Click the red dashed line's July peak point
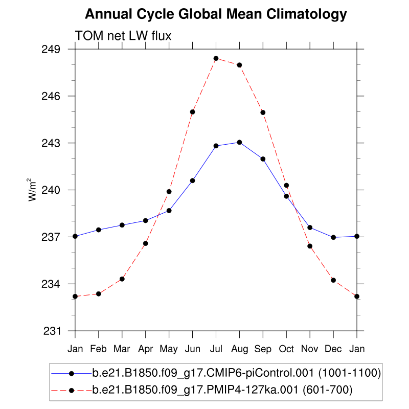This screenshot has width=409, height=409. pos(216,58)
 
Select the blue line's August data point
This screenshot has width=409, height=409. pos(239,142)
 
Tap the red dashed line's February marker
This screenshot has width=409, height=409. pos(99,293)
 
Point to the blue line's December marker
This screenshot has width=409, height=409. pos(333,237)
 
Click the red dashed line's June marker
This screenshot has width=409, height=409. pos(193,112)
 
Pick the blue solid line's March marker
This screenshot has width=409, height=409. pos(122,225)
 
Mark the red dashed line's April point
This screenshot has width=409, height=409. pos(146,243)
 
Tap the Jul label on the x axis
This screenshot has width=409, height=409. pos(216,349)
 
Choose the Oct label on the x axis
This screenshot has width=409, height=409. pos(286,349)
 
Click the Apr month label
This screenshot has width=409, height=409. pos(146,349)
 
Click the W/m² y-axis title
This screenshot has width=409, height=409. pos(32,190)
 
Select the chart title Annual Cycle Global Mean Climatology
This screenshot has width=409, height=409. pos(216,14)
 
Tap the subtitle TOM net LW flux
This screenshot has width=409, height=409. pos(123,35)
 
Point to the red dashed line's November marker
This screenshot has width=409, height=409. pos(310,246)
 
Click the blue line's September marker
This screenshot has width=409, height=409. pos(263,159)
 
